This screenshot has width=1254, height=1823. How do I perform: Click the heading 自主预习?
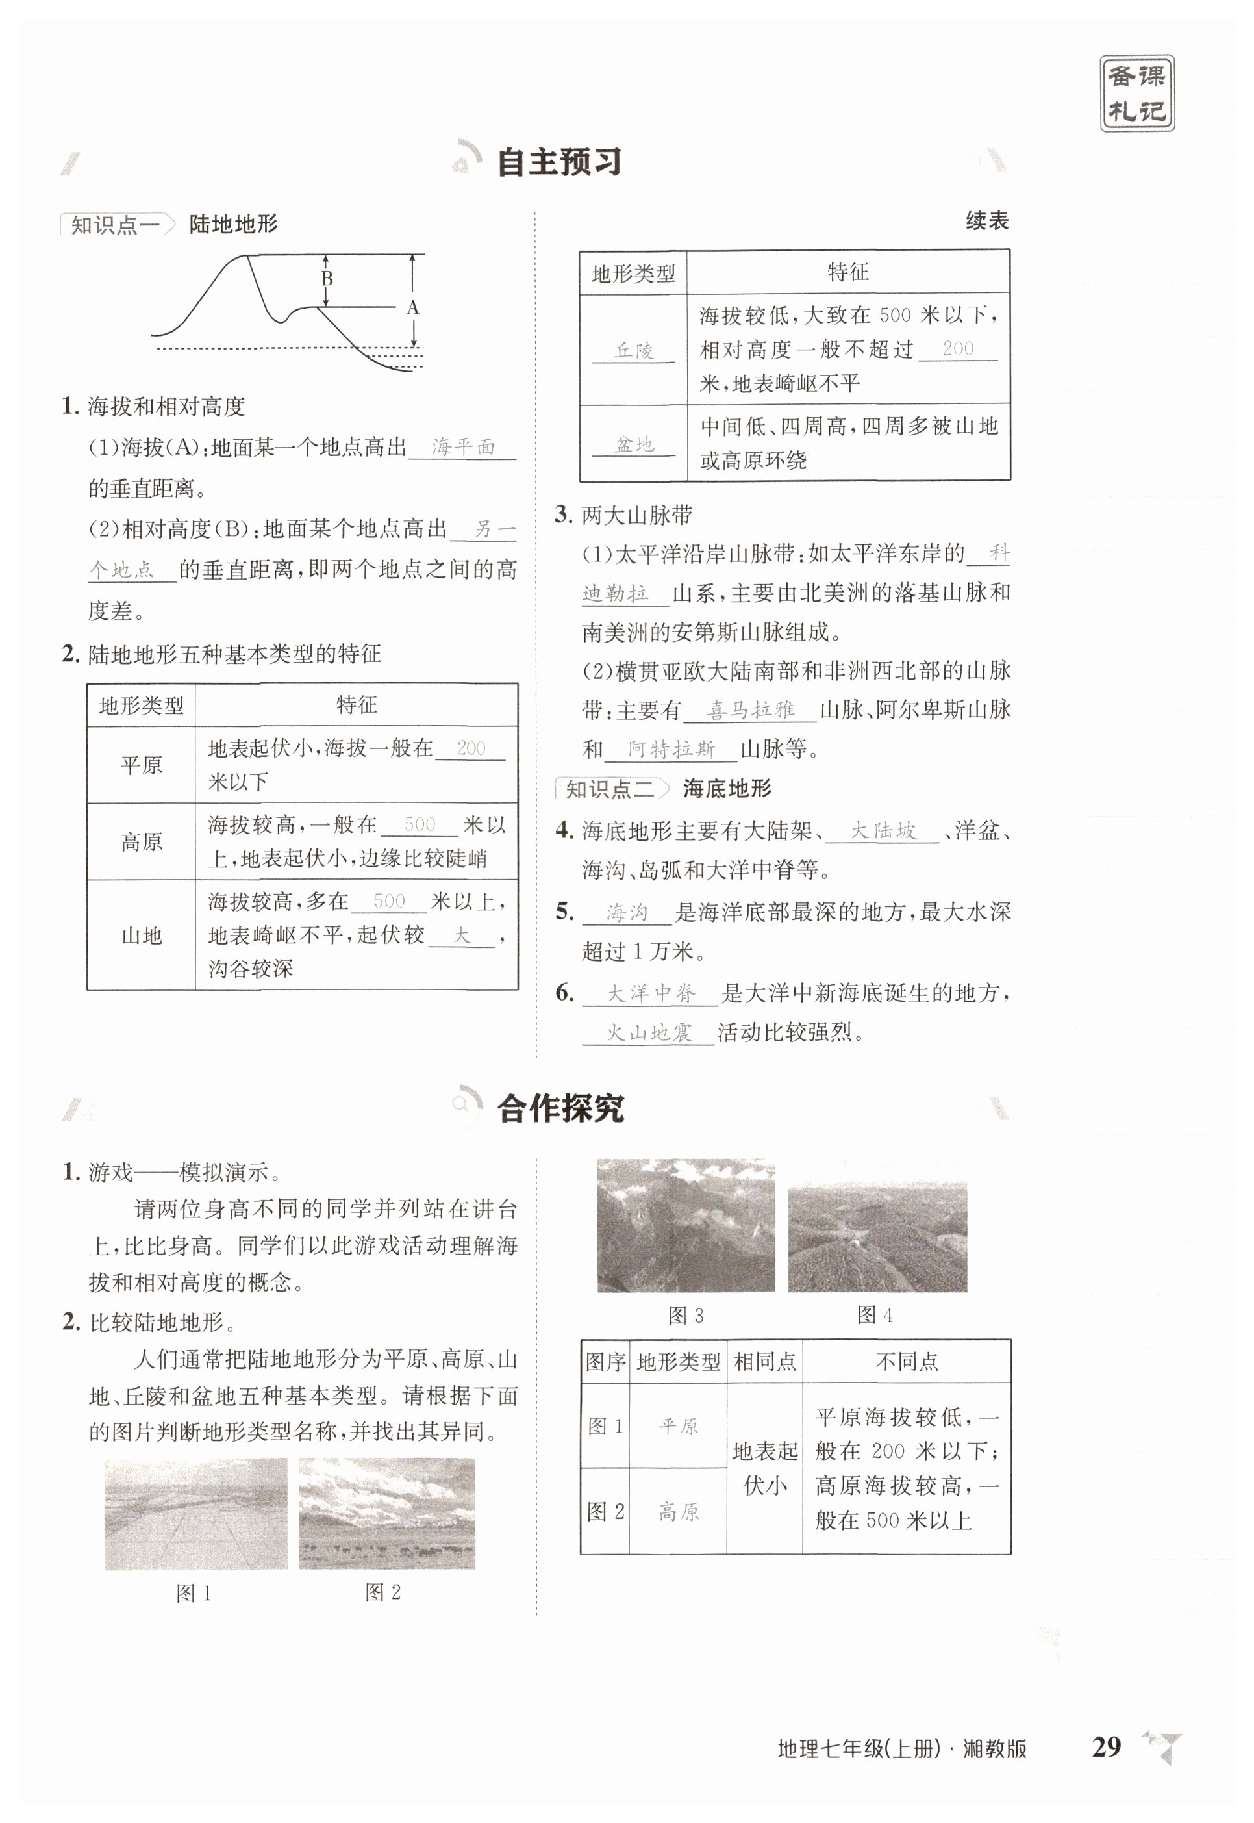pos(558,162)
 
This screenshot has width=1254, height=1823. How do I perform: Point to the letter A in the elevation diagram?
pos(412,307)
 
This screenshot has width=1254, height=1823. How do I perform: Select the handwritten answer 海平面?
pos(463,447)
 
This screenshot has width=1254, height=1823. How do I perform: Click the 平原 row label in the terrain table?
pos(142,765)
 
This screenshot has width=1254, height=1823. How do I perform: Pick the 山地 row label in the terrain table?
pos(142,936)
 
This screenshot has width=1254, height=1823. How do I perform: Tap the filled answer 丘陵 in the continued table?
pos(633,351)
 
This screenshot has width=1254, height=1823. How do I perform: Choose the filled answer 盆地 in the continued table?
pos(633,445)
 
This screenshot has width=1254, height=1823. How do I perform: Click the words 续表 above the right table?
pos(987,221)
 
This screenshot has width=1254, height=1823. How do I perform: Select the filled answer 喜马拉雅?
pos(751,710)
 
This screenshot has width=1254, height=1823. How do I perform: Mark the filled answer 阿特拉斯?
pos(671,749)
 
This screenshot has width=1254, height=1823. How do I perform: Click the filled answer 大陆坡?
pos(883,831)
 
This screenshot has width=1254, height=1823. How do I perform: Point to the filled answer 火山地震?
pos(648,1032)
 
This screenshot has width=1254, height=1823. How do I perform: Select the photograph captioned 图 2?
pos(386,1513)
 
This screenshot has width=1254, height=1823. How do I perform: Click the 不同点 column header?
pos(907,1362)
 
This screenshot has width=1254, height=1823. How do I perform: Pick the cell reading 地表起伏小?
pos(764,1468)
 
